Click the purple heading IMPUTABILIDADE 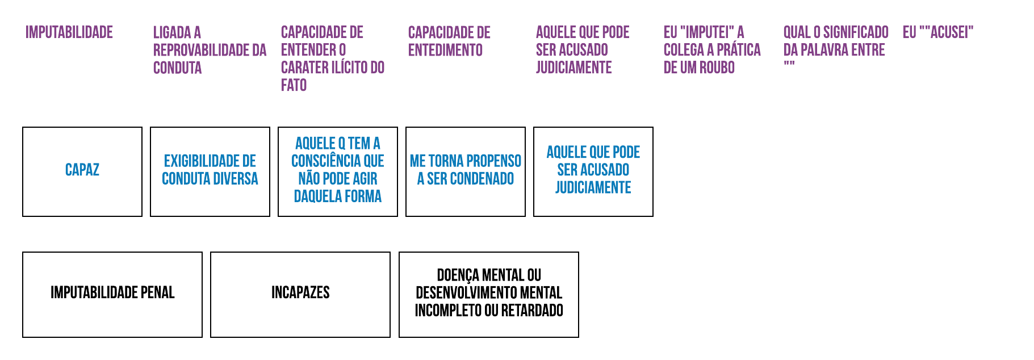(x=69, y=32)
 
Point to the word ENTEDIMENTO (x=445, y=50)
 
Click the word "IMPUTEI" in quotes (x=704, y=32)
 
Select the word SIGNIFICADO (x=856, y=32)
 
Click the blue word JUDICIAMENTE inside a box (x=593, y=187)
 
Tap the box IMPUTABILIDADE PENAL (x=112, y=294)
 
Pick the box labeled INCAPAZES (x=300, y=294)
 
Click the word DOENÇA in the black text (x=458, y=275)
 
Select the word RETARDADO (x=532, y=311)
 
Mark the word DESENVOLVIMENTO (x=472, y=293)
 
